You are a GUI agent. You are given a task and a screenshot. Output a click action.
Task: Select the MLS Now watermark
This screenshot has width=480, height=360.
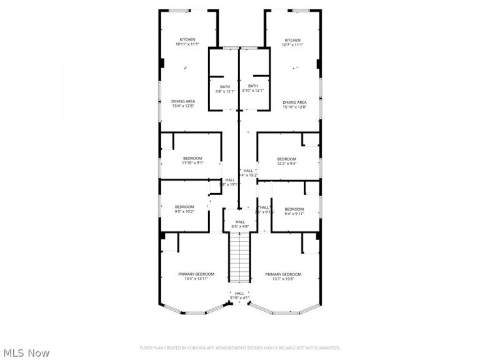pos(26,353)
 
